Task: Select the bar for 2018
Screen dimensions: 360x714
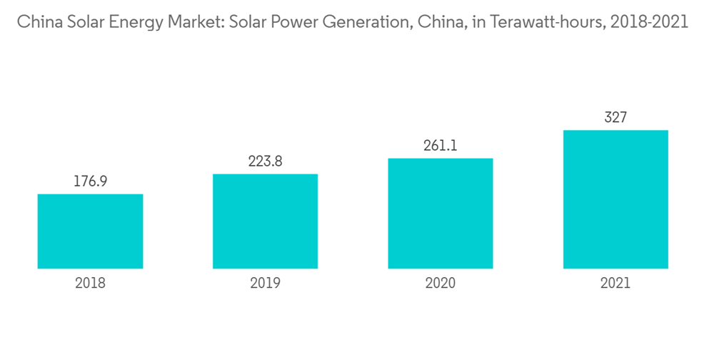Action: click(x=90, y=231)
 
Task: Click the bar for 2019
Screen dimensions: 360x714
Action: click(x=265, y=221)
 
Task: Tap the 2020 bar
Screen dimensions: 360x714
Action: click(x=440, y=214)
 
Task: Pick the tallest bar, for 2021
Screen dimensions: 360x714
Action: click(x=615, y=199)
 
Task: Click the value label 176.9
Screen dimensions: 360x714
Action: click(x=90, y=182)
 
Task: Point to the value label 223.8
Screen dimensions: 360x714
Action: click(x=265, y=162)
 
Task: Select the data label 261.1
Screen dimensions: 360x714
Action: click(x=440, y=146)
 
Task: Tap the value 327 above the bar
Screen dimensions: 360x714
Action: click(x=615, y=118)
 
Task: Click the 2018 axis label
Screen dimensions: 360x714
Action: click(x=90, y=284)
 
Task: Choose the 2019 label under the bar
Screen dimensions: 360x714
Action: click(x=265, y=284)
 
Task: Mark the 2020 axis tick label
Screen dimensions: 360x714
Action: click(x=440, y=284)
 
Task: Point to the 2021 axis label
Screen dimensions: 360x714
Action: click(x=615, y=284)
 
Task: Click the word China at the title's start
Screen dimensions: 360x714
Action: click(x=37, y=22)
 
